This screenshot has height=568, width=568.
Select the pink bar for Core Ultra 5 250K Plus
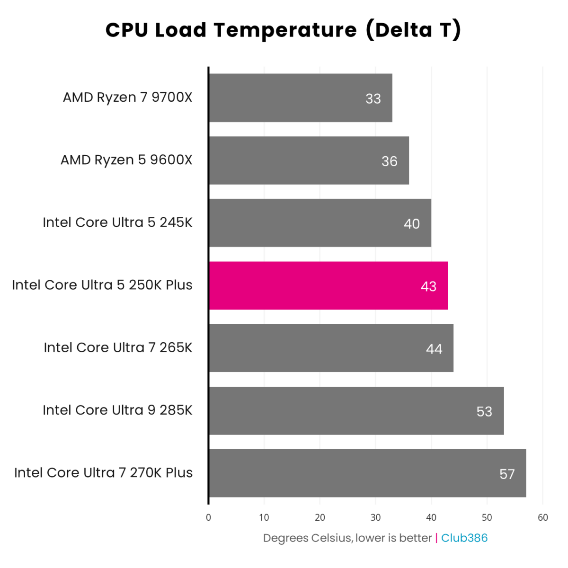click(x=328, y=285)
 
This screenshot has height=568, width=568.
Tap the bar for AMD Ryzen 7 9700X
click(x=301, y=98)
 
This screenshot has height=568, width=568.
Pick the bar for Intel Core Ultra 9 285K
click(x=356, y=410)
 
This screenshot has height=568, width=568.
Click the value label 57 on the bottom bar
click(x=507, y=474)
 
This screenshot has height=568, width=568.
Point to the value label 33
click(x=373, y=98)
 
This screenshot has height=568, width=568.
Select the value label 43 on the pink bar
click(x=428, y=286)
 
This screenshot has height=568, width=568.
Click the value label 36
click(x=390, y=161)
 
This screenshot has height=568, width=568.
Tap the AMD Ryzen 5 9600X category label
click(x=126, y=160)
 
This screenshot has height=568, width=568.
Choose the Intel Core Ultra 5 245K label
click(x=117, y=222)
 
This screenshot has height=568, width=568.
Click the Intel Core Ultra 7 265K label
click(x=118, y=347)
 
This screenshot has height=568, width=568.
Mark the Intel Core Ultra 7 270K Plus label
click(x=103, y=473)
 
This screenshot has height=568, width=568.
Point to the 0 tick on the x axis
click(x=208, y=517)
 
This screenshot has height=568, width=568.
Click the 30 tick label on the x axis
click(x=375, y=517)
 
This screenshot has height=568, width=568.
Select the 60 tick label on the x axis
click(x=543, y=517)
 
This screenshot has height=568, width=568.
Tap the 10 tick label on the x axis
click(x=264, y=517)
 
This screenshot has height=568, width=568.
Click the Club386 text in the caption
click(x=464, y=538)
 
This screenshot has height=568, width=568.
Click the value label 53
click(x=484, y=411)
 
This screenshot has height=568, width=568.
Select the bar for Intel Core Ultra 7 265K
click(x=331, y=348)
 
